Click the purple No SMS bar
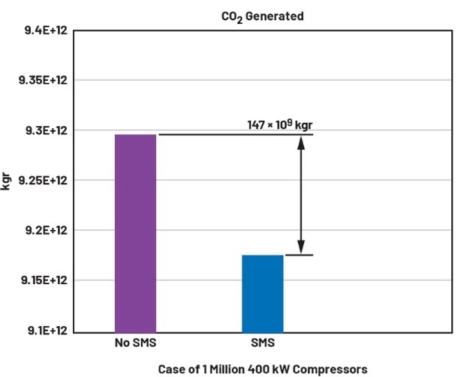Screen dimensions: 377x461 (135, 232)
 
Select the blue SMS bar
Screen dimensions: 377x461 (263, 292)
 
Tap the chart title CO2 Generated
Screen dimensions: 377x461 (263, 16)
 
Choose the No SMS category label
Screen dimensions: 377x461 (135, 344)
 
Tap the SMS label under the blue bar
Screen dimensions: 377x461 (263, 344)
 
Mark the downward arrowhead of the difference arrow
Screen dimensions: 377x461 (301, 247)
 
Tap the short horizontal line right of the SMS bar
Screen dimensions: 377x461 (298, 255)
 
